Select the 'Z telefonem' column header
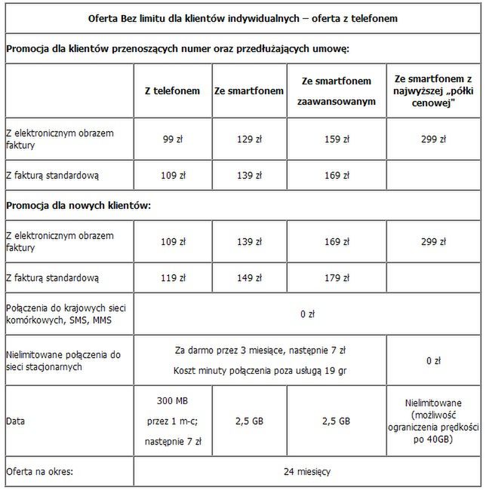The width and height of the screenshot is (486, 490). (173, 90)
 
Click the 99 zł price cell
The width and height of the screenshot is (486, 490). (173, 139)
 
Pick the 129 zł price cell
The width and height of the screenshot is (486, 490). (248, 139)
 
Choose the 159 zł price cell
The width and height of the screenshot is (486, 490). (331, 139)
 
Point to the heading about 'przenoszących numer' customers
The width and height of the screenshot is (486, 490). (178, 48)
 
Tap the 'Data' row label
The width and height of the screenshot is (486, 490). (16, 420)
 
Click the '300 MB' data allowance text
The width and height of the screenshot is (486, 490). (173, 400)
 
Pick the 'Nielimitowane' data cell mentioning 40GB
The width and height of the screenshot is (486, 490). (432, 420)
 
